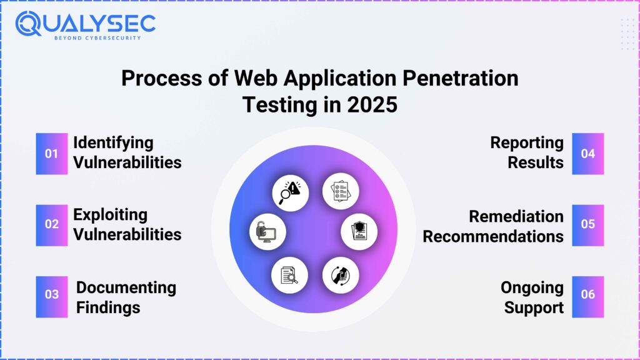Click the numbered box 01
click(51, 154)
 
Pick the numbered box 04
click(587, 154)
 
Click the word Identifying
click(113, 142)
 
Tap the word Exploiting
click(111, 214)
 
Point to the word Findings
click(108, 307)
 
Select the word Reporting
click(527, 142)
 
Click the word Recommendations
click(493, 236)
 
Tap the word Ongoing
click(532, 287)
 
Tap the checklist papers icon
click(339, 191)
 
